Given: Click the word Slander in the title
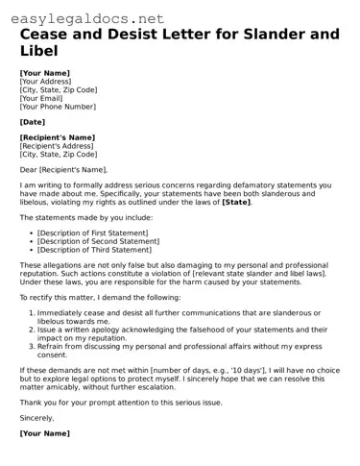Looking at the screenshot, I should (x=251, y=35).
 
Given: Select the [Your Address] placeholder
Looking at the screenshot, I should (x=46, y=82).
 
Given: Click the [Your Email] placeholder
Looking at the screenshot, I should (x=42, y=98).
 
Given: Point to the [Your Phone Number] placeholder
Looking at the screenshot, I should (x=58, y=106).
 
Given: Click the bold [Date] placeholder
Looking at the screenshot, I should (x=32, y=122).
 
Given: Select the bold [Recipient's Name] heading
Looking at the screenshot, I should (x=57, y=137).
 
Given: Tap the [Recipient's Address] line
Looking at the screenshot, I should (x=57, y=146).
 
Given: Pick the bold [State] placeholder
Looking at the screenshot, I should (x=237, y=202).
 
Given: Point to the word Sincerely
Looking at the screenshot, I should (x=38, y=418).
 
